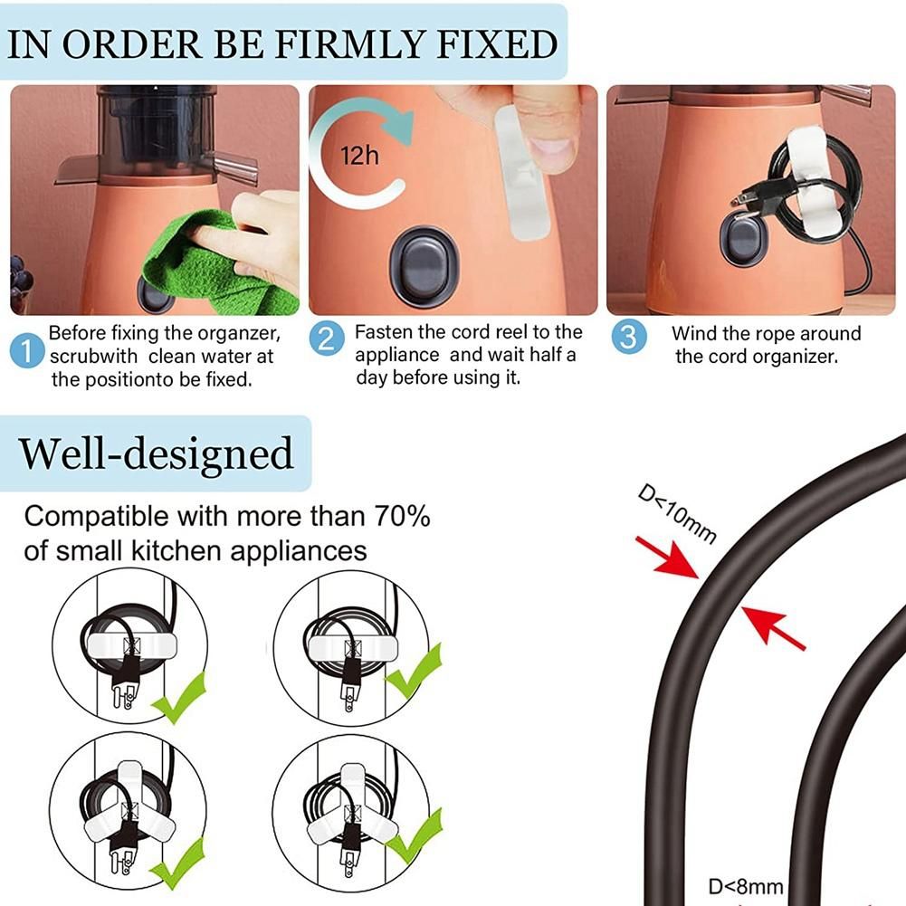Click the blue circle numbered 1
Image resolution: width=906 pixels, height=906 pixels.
[26, 352]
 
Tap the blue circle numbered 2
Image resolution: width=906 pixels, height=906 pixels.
[327, 338]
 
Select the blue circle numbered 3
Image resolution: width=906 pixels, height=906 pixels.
[629, 337]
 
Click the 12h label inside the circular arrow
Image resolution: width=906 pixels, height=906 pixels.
[359, 156]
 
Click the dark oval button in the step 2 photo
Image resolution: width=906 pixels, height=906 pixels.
[424, 266]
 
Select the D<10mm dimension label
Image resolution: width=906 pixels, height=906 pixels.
[677, 514]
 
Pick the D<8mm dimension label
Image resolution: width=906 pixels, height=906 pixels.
[746, 886]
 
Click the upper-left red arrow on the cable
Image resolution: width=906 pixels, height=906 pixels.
[667, 558]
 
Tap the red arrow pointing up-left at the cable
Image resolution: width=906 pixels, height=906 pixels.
[773, 628]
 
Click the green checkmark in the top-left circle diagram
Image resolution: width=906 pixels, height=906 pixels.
[179, 698]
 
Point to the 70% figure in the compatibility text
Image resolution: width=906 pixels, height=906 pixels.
[402, 516]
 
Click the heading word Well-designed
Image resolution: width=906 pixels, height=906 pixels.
[156, 453]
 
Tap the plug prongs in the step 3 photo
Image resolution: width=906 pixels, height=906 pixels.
[743, 201]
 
